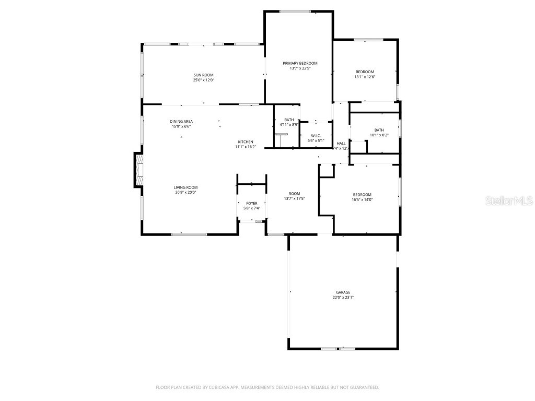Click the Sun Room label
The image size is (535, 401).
(x=204, y=75)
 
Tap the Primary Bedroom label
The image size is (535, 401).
(x=300, y=63)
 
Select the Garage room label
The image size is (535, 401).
(x=343, y=292)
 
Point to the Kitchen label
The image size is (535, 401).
(x=246, y=142)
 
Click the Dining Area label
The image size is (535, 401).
(x=181, y=121)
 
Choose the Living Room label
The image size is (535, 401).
(x=185, y=187)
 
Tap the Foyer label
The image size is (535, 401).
(x=252, y=203)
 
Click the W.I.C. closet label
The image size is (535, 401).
(x=315, y=136)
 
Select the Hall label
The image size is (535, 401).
(x=341, y=143)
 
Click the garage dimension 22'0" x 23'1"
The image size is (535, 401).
(x=343, y=298)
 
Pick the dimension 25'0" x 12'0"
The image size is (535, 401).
(x=204, y=80)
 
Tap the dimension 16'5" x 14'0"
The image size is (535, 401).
(x=362, y=199)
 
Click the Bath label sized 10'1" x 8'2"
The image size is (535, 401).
(x=379, y=130)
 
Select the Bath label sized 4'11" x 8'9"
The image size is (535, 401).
(x=289, y=120)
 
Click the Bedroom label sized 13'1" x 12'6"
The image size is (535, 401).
(x=365, y=72)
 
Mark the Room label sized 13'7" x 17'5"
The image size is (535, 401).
(x=294, y=193)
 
